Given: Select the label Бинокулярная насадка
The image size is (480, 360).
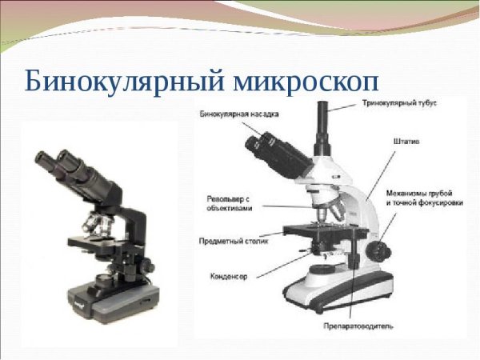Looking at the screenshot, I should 236,115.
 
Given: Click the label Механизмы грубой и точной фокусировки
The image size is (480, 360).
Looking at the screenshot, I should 419,198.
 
